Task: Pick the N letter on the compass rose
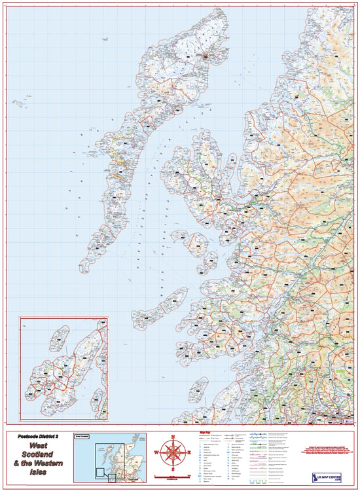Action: tap(173, 437)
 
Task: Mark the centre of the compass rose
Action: tap(173, 452)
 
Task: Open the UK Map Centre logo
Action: tap(329, 473)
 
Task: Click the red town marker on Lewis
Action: tap(205, 57)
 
